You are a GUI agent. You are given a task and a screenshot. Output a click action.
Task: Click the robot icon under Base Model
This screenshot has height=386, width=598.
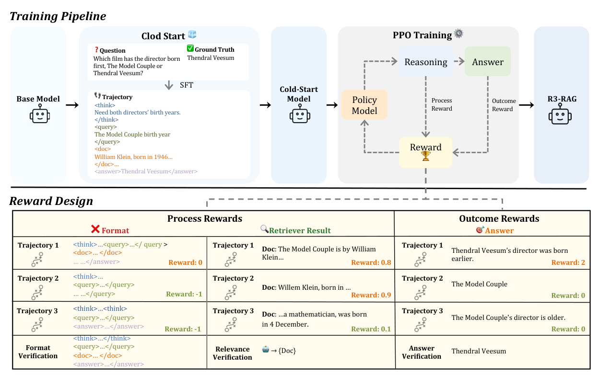click(x=38, y=115)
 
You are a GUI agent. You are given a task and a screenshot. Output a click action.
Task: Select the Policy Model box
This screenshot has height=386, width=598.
click(x=364, y=105)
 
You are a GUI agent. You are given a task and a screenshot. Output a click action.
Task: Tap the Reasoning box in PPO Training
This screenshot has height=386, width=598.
click(x=426, y=62)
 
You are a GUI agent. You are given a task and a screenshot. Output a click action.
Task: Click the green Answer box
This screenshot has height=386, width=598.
click(x=488, y=62)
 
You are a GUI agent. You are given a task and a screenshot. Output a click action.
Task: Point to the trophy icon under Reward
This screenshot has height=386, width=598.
click(x=426, y=157)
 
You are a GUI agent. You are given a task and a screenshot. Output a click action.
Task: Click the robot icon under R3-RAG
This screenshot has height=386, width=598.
click(x=562, y=115)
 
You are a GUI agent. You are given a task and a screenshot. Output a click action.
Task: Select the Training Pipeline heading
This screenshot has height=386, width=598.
click(x=58, y=16)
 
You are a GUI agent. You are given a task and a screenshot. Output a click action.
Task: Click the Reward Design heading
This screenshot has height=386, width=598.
click(x=51, y=201)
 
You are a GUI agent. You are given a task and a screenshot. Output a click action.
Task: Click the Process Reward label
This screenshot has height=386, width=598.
click(x=442, y=104)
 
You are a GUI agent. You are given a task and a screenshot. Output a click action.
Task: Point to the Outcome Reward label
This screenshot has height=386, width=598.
click(x=504, y=105)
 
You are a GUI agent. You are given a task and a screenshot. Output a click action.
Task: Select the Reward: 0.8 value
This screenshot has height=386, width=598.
click(x=371, y=262)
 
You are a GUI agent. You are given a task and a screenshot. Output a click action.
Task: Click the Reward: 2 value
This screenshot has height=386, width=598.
click(x=568, y=262)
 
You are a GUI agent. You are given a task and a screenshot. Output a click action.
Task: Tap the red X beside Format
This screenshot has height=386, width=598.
click(x=95, y=230)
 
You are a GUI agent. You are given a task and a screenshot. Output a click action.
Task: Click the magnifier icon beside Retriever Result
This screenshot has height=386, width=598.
click(x=264, y=229)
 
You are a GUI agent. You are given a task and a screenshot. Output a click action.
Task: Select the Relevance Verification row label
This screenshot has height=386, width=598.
click(x=233, y=353)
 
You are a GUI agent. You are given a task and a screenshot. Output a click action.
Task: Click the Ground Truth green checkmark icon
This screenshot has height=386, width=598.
click(x=190, y=49)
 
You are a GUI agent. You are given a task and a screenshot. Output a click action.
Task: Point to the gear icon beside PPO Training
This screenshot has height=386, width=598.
click(x=459, y=34)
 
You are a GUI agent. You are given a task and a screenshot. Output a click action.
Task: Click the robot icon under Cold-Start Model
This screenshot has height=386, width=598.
click(x=299, y=115)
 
